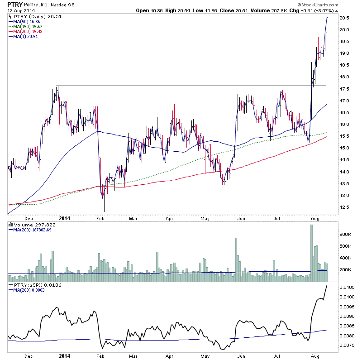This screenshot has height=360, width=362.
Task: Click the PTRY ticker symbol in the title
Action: tap(15, 4)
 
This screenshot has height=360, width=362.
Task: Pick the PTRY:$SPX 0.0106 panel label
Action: tap(35, 285)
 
